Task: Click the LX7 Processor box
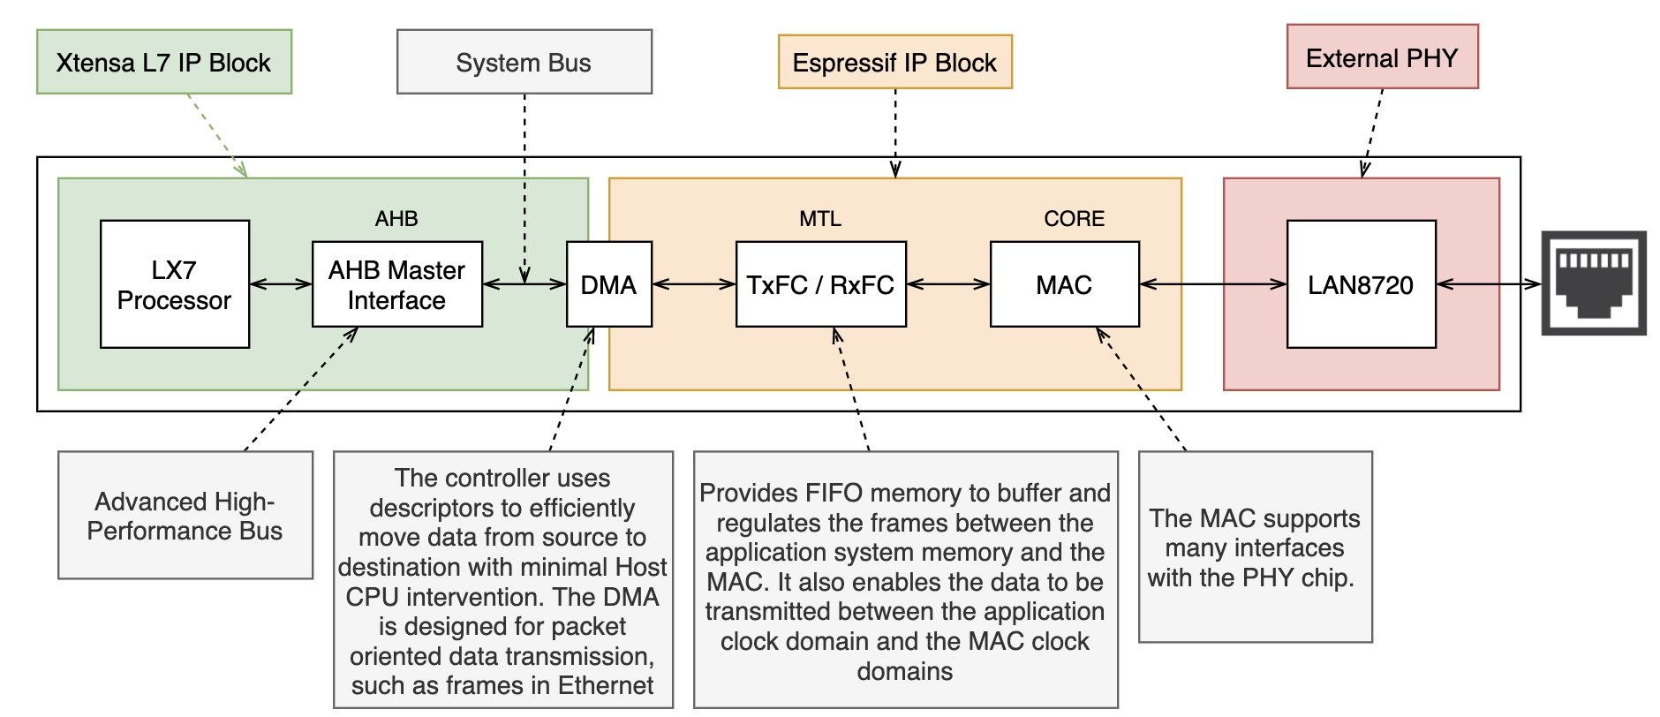175,284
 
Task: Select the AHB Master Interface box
396,284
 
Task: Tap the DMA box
608,284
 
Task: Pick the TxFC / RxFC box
820,284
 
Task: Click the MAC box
1064,284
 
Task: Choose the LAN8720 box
1361,284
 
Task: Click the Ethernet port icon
1594,283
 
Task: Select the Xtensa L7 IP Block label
164,62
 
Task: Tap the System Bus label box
524,62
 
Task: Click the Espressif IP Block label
894,62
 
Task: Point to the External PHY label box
1382,57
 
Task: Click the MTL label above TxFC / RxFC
820,218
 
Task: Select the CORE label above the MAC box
1074,218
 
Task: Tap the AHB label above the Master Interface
396,218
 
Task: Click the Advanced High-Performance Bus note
185,516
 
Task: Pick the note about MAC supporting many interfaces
1255,547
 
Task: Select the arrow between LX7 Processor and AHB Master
281,284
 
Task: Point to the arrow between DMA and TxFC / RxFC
694,284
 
